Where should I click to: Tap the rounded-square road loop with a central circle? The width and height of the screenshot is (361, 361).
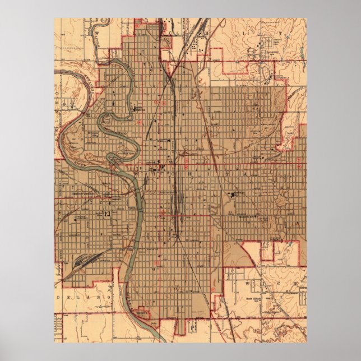tap(263, 73)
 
